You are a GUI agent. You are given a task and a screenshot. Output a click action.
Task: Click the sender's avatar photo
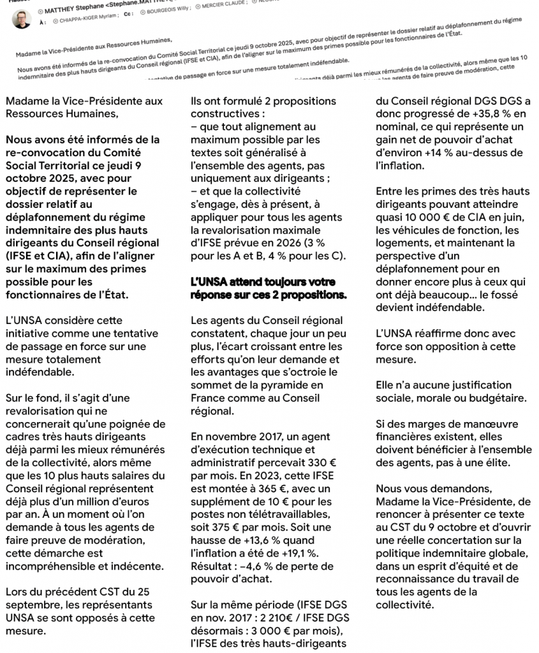[21, 18]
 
